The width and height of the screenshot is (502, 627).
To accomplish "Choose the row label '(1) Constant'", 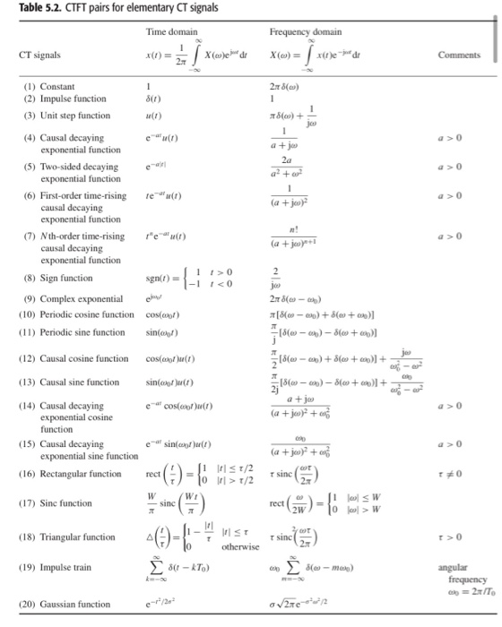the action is click(44, 86).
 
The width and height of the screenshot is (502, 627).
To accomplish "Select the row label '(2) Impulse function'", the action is click(59, 99).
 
